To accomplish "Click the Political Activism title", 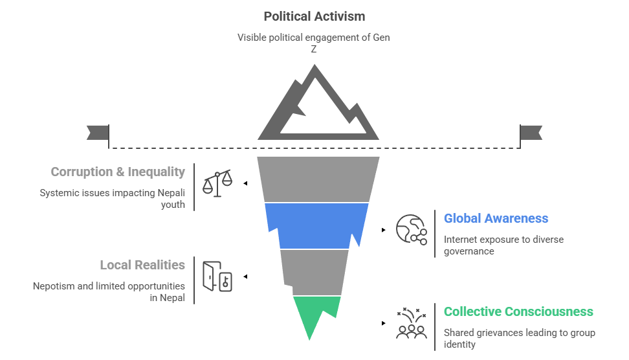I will click(x=314, y=16).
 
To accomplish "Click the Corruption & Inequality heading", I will click(x=118, y=172).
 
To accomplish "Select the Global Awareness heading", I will click(x=496, y=219).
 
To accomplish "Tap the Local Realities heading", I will click(x=142, y=265).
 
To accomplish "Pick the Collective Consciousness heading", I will click(x=518, y=311).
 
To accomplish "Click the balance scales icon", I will click(x=217, y=183).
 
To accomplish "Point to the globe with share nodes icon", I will click(x=412, y=230).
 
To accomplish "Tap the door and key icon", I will click(x=217, y=276).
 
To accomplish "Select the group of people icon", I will click(x=412, y=323).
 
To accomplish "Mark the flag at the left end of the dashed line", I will click(x=98, y=133).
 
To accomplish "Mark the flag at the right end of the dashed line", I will click(x=531, y=133).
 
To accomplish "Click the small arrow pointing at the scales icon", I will click(x=245, y=183).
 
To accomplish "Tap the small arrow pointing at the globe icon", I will click(x=384, y=230).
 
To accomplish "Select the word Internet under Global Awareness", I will click(x=461, y=240).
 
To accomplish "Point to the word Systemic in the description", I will click(x=59, y=193).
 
